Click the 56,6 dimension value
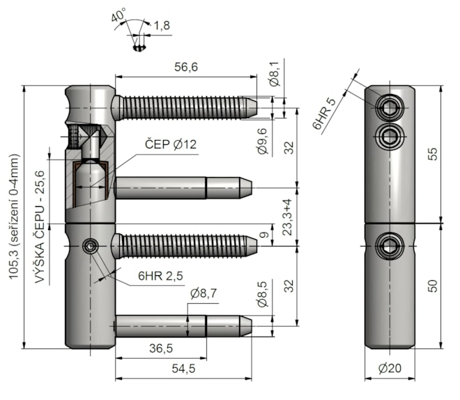(x=186, y=67)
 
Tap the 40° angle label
(x=118, y=15)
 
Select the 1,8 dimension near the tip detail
(x=162, y=26)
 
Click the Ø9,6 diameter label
(x=263, y=141)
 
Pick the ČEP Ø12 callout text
(x=171, y=144)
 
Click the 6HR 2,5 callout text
(x=160, y=276)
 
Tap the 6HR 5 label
(x=324, y=114)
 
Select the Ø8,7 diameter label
(x=204, y=293)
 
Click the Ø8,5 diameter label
(x=263, y=294)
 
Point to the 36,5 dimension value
(x=161, y=348)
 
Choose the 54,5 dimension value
(x=183, y=369)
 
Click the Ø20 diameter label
(x=390, y=368)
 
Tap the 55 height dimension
(x=432, y=154)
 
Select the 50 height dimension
(x=432, y=286)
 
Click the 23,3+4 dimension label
(x=287, y=217)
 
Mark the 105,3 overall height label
(x=14, y=217)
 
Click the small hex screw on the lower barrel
(x=91, y=246)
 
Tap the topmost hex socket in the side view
(x=389, y=107)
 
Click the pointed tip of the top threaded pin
(x=256, y=108)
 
